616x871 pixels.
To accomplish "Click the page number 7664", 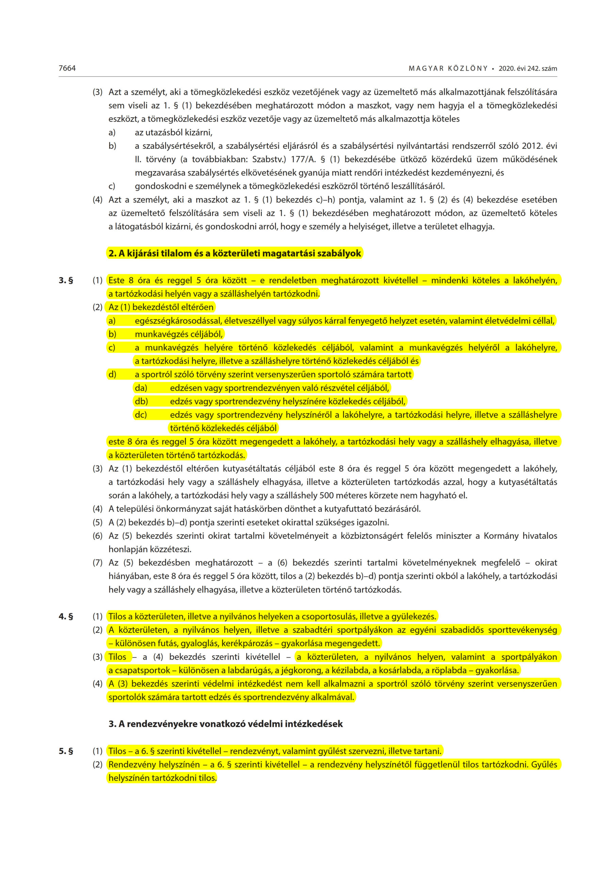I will point(67,68).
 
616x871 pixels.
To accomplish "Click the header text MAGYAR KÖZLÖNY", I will point(448,69).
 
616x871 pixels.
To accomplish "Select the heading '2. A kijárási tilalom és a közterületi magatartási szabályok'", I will point(234,253).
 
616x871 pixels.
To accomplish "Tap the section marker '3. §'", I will point(66,280).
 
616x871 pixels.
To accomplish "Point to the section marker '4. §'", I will point(66,617).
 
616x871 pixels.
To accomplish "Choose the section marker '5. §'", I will point(66,751).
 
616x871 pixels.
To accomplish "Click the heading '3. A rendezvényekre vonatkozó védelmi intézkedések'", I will point(225,724).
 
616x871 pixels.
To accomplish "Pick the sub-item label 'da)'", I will point(141,388).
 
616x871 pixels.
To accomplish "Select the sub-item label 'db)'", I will point(141,401).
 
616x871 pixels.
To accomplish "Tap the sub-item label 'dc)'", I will point(141,415).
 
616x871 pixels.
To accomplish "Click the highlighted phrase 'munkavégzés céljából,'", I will point(179,334).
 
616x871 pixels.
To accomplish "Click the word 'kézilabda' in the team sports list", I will point(350,670).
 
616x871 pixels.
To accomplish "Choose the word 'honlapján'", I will point(128,549).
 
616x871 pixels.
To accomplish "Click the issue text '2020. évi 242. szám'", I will point(528,69).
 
